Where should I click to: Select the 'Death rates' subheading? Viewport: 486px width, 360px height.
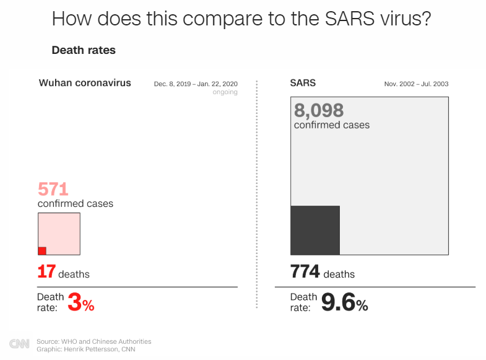pos(84,50)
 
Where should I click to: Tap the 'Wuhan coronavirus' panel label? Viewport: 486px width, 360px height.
pos(85,82)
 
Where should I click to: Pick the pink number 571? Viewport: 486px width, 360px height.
pos(53,189)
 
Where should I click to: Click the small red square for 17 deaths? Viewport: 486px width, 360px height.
pos(42,251)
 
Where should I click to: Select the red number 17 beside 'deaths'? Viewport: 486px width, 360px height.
pos(46,271)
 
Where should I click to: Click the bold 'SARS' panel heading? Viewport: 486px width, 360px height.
pos(303,82)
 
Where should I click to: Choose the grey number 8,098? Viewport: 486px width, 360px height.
pos(319,110)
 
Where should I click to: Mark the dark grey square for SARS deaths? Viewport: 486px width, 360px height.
pos(315,230)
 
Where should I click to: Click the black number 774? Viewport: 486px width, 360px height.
pos(305,271)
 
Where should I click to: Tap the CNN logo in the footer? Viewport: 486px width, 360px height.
pos(19,344)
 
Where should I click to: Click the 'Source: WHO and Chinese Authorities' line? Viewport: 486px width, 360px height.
pos(93,341)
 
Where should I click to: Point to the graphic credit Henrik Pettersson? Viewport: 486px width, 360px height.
pos(93,349)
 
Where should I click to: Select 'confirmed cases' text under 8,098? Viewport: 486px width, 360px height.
pos(332,125)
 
